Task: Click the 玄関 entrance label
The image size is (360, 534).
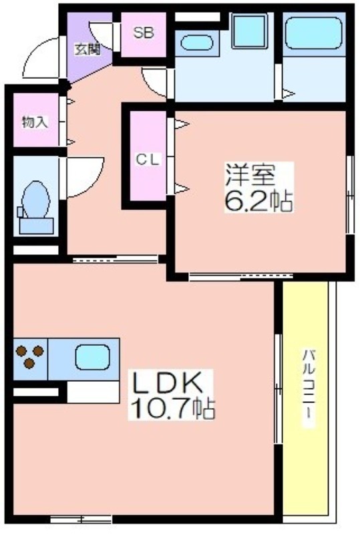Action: pos(87,50)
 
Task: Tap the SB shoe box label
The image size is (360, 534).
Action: pos(144,33)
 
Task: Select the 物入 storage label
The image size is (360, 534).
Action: pos(35,121)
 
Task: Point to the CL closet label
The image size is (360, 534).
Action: pos(148,160)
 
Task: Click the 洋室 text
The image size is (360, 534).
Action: pos(250,175)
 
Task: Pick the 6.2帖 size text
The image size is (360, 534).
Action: pos(258,202)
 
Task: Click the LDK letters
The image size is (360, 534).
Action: pos(167,383)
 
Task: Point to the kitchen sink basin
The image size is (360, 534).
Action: pos(92,357)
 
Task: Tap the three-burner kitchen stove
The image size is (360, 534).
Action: pos(30,356)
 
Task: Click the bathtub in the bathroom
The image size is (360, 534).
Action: pos(314,33)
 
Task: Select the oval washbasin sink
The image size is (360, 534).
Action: pos(197,43)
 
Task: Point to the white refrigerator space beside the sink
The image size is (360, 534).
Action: pos(93,392)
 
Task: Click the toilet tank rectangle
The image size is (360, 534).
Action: pos(36,226)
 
